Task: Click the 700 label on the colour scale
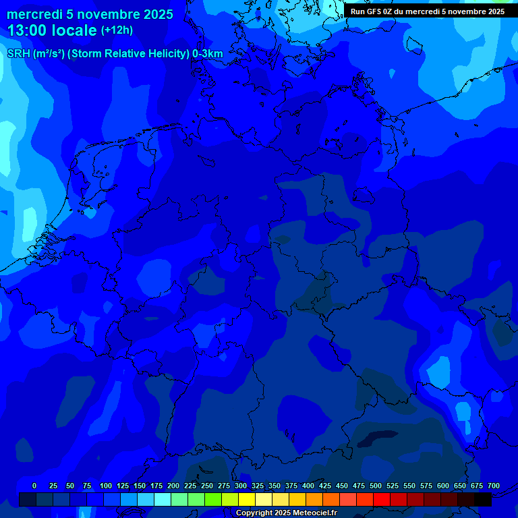point(494,486)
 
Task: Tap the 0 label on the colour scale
point(34,486)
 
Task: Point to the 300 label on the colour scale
point(241,486)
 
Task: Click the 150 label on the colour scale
point(140,486)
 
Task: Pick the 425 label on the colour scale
point(325,486)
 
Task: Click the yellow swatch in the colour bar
point(247,500)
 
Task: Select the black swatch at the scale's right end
point(483,500)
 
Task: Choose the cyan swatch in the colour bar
point(163,500)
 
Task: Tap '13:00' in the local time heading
point(30,30)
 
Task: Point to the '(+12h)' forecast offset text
point(117,30)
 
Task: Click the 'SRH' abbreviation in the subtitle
point(19,54)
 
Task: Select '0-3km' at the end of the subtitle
point(208,54)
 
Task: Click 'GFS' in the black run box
point(378,11)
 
